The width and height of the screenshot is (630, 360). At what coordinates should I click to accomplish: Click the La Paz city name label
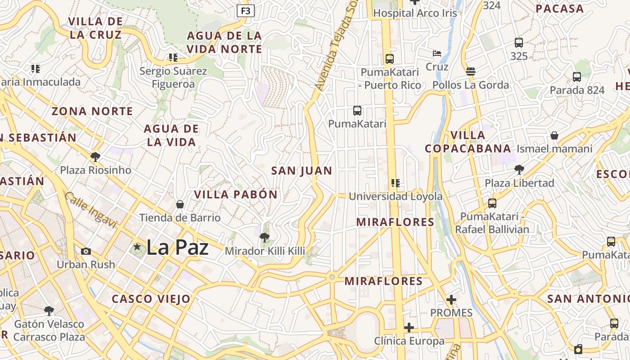(x=177, y=247)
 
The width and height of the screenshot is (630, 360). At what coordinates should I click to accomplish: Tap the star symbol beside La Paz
(x=137, y=247)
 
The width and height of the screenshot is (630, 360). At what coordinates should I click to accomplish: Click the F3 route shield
(x=246, y=11)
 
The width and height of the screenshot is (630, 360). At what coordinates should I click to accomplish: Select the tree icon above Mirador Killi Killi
(x=265, y=237)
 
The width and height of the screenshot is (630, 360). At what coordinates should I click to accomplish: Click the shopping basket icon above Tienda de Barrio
(x=180, y=204)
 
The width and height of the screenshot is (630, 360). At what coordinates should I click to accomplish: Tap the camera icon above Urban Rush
(x=86, y=251)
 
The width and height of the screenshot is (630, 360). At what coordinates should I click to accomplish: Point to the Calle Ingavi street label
(x=90, y=209)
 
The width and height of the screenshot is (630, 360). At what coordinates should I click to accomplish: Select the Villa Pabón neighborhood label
(x=236, y=194)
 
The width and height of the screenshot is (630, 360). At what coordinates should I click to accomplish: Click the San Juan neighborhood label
(x=301, y=171)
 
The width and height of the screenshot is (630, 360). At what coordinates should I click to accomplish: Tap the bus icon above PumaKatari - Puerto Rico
(x=390, y=58)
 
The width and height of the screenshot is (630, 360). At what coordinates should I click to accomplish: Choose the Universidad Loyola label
(x=396, y=197)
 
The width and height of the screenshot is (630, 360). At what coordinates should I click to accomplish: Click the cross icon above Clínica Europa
(x=409, y=328)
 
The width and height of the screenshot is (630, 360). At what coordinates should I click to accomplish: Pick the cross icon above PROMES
(x=451, y=300)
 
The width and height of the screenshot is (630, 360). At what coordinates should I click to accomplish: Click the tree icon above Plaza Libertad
(x=519, y=170)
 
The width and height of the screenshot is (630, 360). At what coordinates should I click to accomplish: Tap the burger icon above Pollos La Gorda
(x=471, y=71)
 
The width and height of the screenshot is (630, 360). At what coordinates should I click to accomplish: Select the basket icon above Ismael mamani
(x=554, y=135)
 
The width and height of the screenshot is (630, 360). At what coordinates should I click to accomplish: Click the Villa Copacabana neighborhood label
(x=468, y=142)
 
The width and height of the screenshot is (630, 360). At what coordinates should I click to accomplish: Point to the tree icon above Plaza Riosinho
(x=95, y=157)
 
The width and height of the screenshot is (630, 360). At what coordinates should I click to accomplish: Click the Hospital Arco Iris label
(x=415, y=13)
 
